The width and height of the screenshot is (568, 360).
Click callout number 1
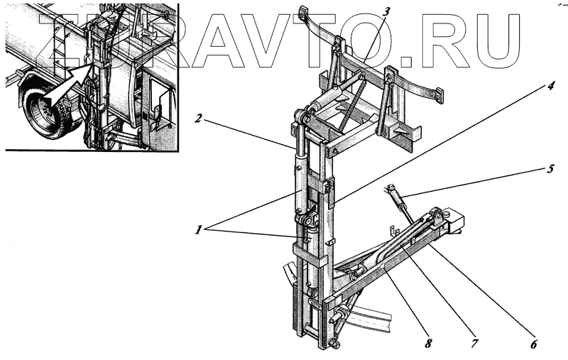[x=202, y=230]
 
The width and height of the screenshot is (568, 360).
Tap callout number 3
[x=386, y=11]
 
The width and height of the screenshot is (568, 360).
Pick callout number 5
[x=551, y=170]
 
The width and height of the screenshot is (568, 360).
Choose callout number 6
[x=533, y=346]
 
